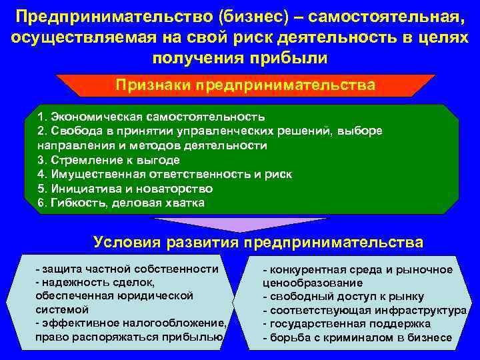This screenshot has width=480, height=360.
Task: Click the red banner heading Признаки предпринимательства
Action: tap(245, 85)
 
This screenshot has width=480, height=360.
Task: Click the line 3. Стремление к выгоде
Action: tap(108, 159)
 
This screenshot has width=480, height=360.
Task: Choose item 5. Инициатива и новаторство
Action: tap(135, 188)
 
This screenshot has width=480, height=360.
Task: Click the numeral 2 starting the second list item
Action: tap(41, 131)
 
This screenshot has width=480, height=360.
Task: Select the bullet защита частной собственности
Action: tap(127, 269)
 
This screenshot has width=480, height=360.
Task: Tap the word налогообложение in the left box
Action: tap(182, 323)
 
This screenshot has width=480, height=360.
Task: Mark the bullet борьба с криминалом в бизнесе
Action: tap(357, 338)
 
